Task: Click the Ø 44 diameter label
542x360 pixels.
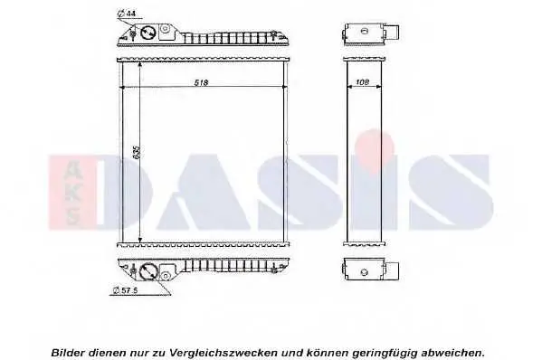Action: click(126, 14)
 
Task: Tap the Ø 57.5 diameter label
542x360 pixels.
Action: click(126, 290)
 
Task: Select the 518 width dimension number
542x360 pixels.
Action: click(201, 83)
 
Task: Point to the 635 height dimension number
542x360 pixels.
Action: click(137, 152)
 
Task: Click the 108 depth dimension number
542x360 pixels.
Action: click(362, 82)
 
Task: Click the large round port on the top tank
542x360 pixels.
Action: click(148, 33)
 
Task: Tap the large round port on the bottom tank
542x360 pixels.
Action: click(148, 271)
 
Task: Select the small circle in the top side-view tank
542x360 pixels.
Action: click(364, 32)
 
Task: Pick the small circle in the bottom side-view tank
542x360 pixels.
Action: click(364, 272)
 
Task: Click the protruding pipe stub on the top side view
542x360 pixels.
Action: click(392, 33)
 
